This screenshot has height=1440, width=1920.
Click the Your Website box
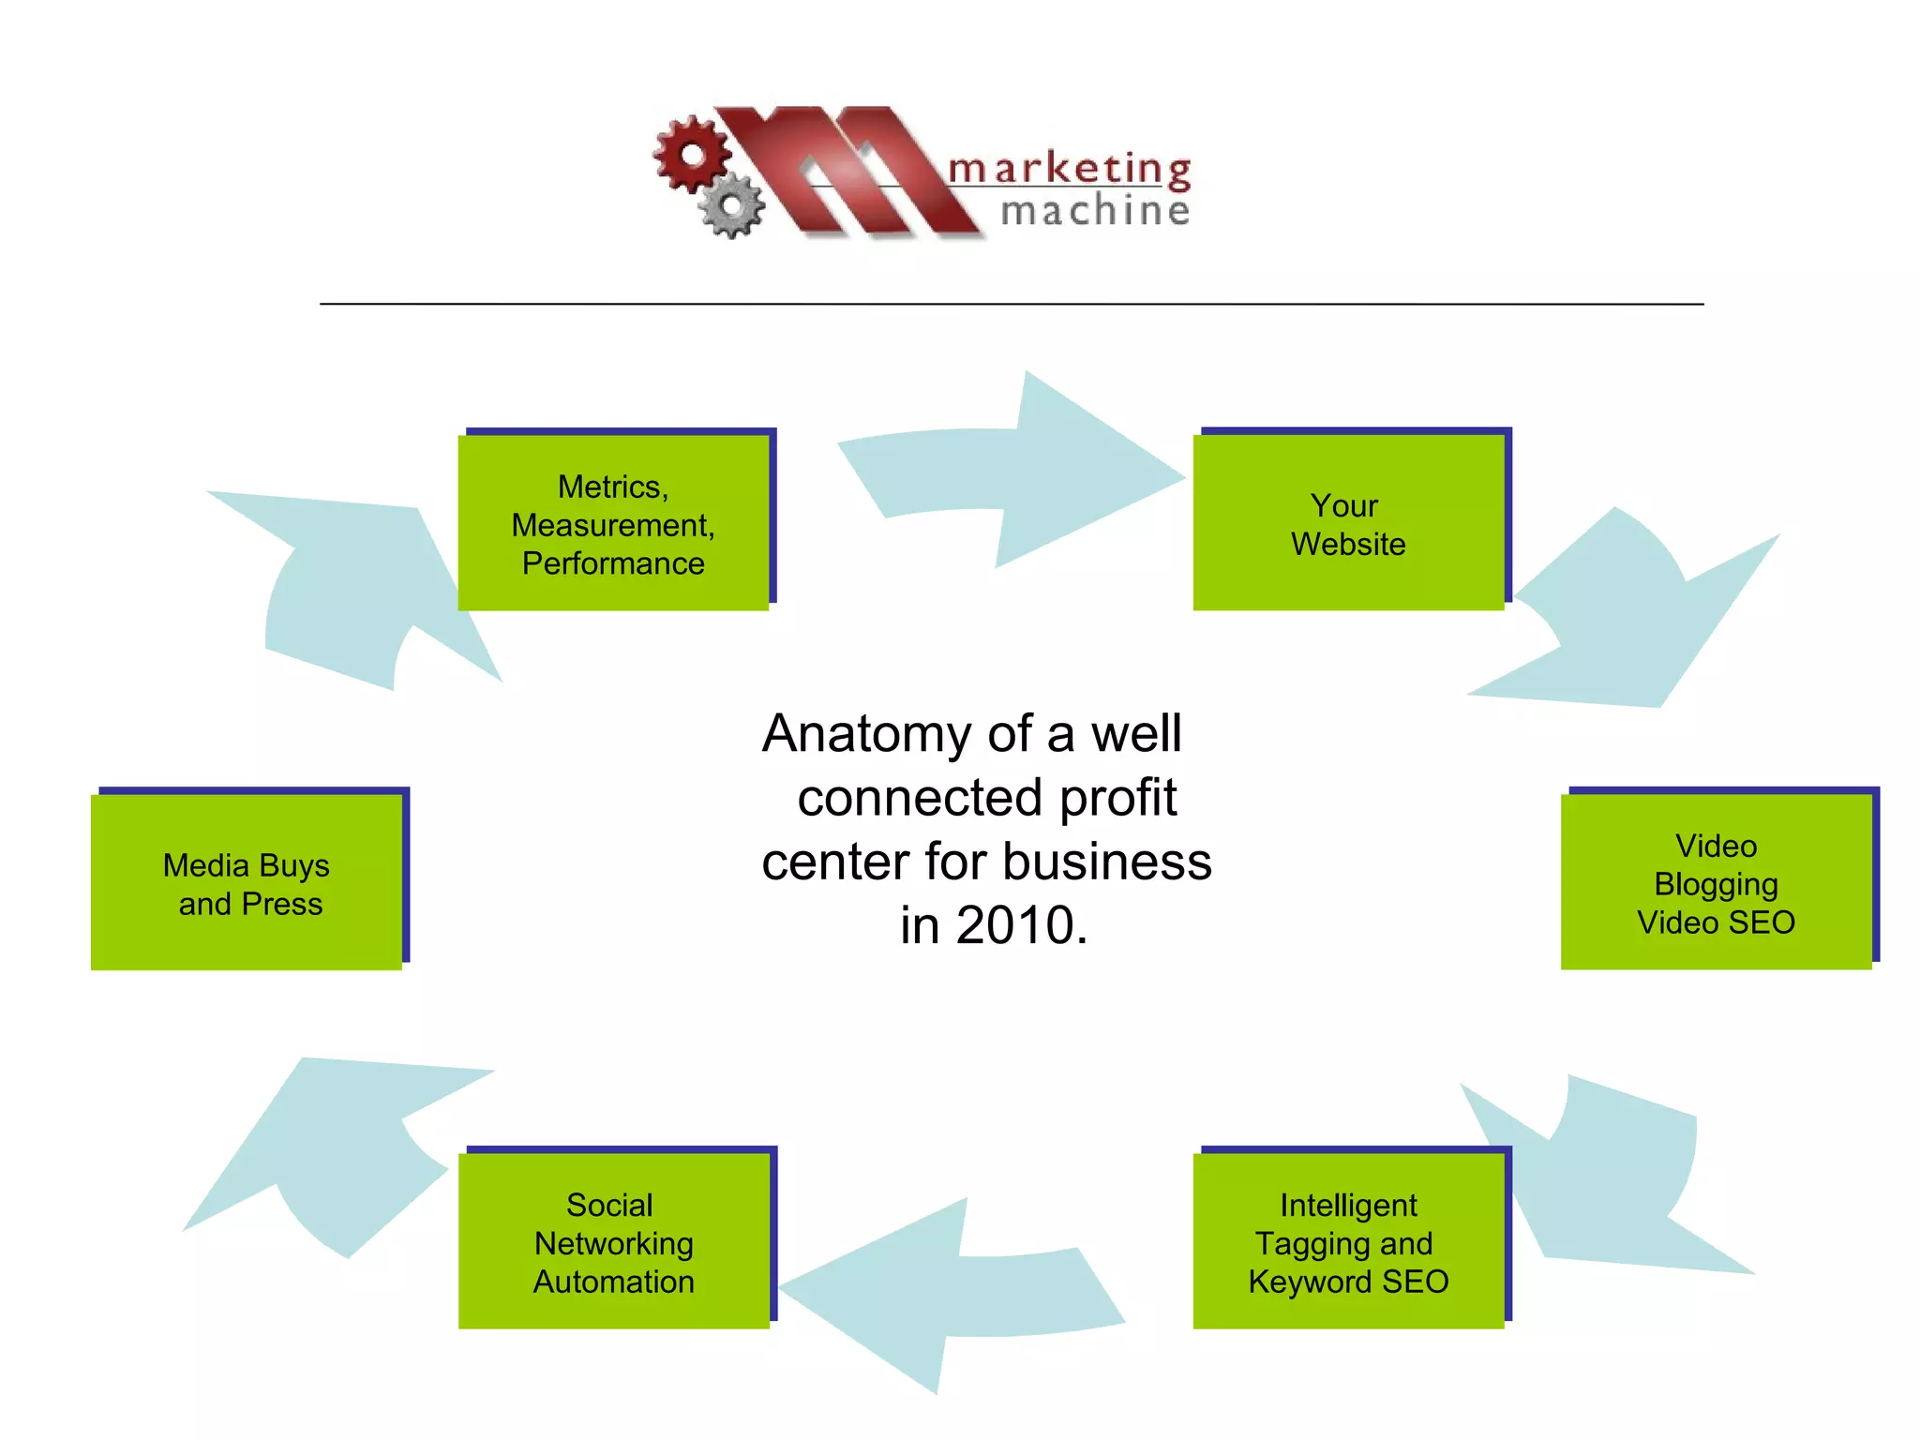tap(1347, 523)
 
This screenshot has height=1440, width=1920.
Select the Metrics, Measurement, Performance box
tap(612, 523)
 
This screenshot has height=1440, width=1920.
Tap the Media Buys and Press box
tap(246, 882)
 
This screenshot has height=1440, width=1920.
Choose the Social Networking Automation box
tap(613, 1241)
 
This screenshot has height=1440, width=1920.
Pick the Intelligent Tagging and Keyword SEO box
tap(1347, 1241)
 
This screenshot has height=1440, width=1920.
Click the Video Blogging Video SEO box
tap(1715, 882)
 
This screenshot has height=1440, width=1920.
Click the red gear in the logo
tap(692, 153)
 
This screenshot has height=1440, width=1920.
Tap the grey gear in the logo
tap(732, 204)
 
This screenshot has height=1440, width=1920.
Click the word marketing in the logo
tap(1069, 169)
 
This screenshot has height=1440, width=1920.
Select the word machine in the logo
tap(1095, 211)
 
